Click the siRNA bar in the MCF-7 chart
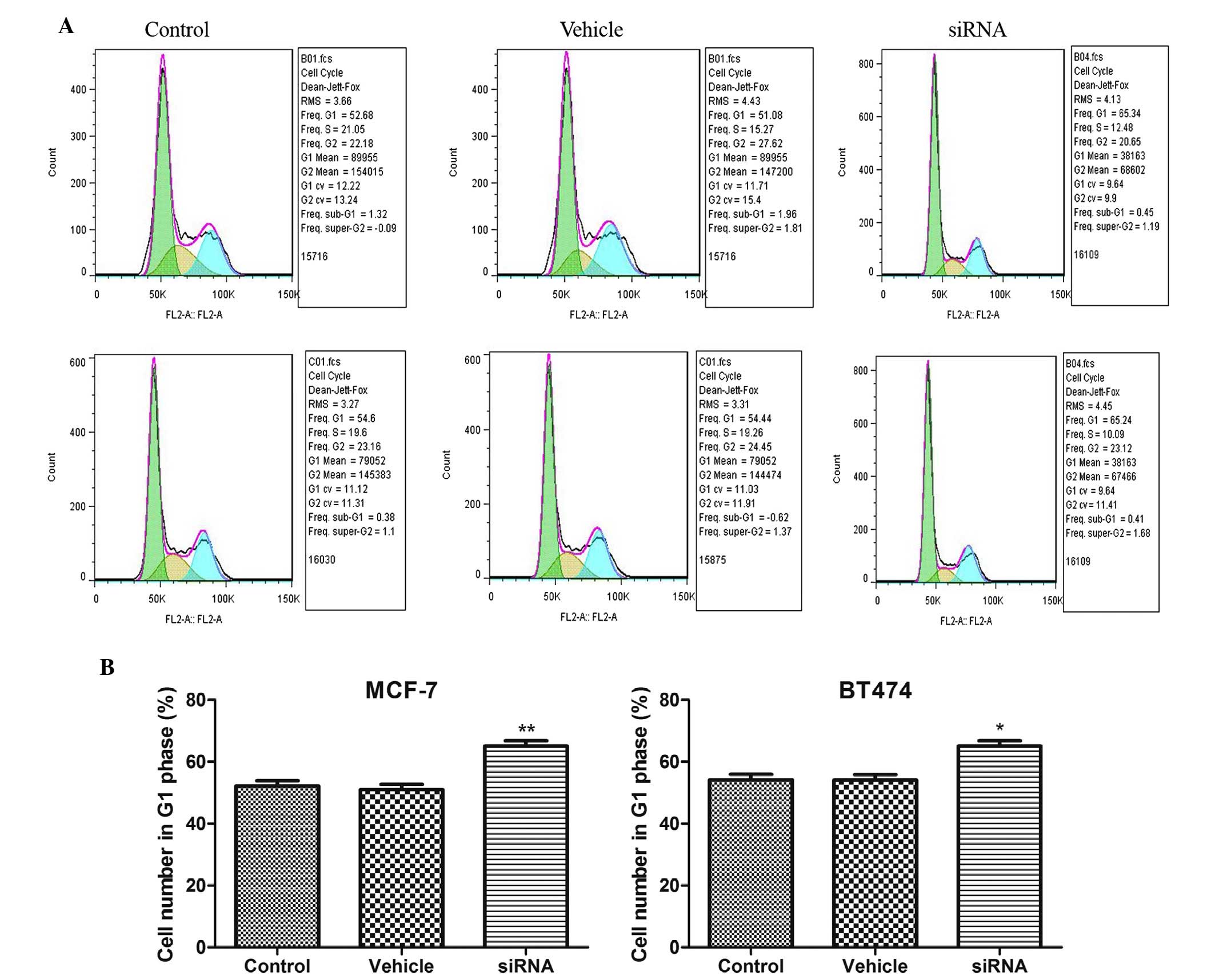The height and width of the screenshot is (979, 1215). coord(525,846)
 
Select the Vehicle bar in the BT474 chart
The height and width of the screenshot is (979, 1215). coord(874,863)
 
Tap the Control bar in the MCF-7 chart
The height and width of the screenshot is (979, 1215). coord(277,866)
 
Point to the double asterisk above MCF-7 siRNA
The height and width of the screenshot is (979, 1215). coord(526,730)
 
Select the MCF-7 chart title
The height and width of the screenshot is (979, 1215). coord(401,690)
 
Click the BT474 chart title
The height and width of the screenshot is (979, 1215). coord(875,690)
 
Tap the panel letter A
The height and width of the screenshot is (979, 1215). coord(66,26)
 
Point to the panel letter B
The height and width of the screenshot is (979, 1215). coord(107,667)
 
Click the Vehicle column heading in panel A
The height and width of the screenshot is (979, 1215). coord(591,30)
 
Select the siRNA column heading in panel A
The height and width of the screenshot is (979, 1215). coord(977,30)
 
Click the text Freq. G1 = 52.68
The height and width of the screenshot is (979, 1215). coord(337,115)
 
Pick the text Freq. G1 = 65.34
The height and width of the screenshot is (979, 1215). coord(1107,114)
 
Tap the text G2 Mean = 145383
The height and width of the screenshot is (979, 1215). coord(349,475)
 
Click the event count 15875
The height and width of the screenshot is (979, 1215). coord(712,560)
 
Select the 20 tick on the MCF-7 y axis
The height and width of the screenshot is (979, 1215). coord(196,885)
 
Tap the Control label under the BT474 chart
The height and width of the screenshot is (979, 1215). coord(750,966)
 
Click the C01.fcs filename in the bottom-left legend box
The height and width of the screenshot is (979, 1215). coord(324,362)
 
